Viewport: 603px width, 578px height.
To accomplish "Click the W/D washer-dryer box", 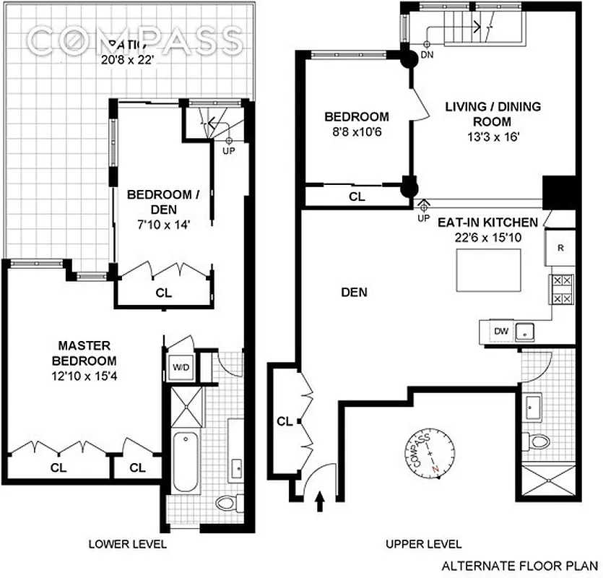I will pos(180,367).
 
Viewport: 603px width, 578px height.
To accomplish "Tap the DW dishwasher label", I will pos(500,331).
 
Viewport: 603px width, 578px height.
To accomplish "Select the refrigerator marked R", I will pos(561,247).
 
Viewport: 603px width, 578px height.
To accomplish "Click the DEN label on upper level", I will pos(354,293).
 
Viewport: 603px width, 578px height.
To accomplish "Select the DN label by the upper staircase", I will pos(428,54).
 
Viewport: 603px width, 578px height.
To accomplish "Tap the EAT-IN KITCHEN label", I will pos(486,223).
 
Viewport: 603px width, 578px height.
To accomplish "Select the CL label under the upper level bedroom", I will pos(357,196).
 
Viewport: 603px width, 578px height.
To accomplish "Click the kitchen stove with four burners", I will pos(562,290).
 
